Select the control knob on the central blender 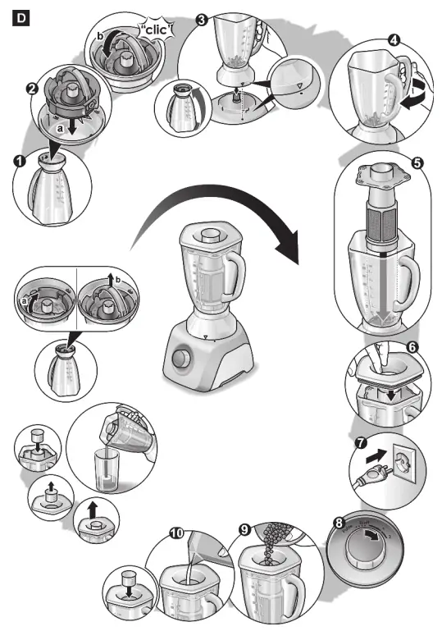tap(182, 359)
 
